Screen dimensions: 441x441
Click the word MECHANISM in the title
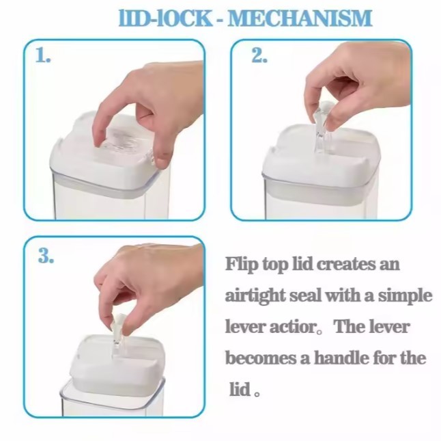pos(300,18)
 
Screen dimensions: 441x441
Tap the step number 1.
pos(43,55)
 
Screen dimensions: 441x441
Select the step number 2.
pos(259,55)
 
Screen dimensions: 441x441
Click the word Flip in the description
pos(241,265)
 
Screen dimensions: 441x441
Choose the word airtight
pos(255,296)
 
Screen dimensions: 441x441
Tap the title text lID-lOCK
pos(165,18)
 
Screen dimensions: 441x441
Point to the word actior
pos(292,328)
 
